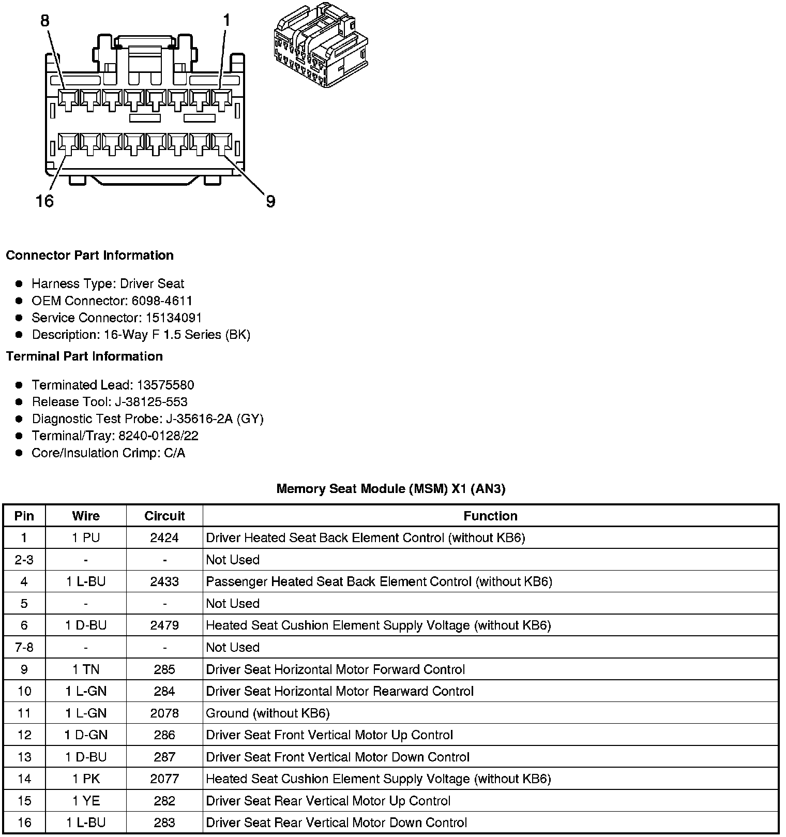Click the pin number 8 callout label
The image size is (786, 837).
[45, 21]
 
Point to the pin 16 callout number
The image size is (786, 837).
[44, 201]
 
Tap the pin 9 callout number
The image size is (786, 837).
[270, 201]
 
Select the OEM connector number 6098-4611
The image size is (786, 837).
[162, 301]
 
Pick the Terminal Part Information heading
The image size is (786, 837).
[84, 356]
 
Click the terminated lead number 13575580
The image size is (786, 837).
[165, 385]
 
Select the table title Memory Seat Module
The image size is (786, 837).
[390, 489]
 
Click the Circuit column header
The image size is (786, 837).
[164, 516]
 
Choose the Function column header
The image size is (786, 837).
[490, 516]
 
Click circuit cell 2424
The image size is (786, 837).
[164, 538]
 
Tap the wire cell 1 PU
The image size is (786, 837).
[86, 538]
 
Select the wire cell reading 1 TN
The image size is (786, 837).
[86, 669]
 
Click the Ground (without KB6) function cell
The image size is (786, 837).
[268, 713]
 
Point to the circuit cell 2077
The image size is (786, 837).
[164, 779]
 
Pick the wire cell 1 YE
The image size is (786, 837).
[86, 801]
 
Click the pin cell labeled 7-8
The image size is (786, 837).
[24, 648]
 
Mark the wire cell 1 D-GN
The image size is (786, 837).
[86, 735]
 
